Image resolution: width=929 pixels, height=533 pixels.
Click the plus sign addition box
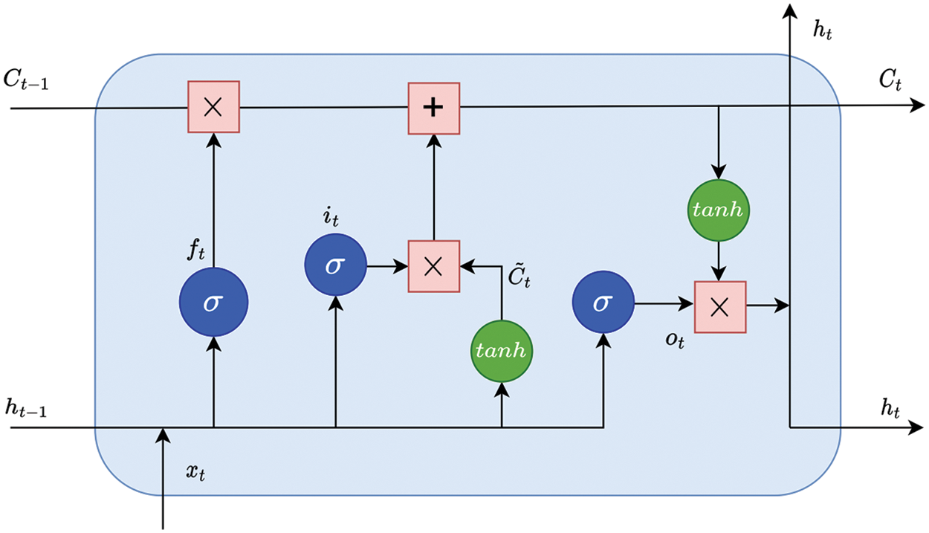tap(434, 109)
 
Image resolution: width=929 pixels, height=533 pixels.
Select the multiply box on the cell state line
tap(213, 107)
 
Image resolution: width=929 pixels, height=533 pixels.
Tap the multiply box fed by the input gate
tap(434, 266)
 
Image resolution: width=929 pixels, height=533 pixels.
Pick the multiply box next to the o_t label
tap(720, 307)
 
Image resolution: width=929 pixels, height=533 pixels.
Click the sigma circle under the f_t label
tap(213, 302)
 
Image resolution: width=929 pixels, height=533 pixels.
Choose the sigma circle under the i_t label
tap(335, 265)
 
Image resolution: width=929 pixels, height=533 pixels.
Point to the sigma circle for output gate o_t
tap(603, 302)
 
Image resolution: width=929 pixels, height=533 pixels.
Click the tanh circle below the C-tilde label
tap(502, 351)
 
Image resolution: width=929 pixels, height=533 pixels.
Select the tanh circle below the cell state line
tap(719, 210)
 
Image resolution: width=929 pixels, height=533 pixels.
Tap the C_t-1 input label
tap(26, 80)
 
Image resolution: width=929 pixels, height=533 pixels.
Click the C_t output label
tap(890, 80)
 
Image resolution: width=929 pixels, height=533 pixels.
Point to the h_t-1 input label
tap(26, 407)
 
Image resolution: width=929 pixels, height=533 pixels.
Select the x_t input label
tap(195, 472)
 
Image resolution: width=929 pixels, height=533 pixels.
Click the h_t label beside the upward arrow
tap(823, 30)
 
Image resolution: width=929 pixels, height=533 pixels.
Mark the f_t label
tap(196, 250)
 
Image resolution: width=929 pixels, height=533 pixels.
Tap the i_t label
tap(331, 217)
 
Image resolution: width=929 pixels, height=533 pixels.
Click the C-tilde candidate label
tap(519, 274)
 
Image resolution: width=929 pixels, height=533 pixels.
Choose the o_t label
tap(675, 341)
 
